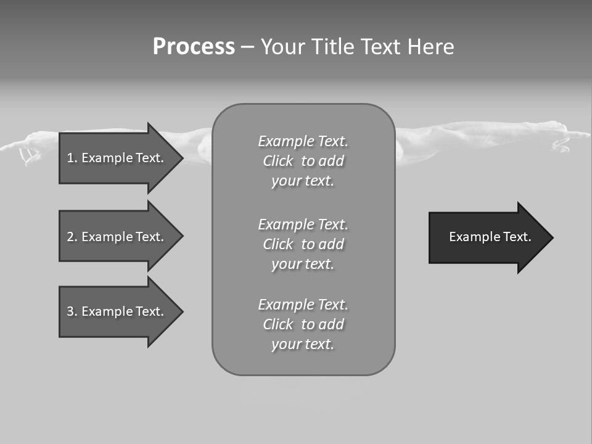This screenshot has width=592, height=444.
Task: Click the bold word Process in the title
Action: [194, 47]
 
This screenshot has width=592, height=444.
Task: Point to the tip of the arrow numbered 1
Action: [181, 158]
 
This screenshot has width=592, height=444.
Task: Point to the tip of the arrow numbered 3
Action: [181, 311]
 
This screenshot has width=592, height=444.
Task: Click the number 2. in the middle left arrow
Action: [72, 237]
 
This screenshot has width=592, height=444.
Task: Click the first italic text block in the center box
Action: [303, 161]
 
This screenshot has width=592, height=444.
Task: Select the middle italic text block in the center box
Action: [303, 244]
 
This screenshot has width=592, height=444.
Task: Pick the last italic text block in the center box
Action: [303, 324]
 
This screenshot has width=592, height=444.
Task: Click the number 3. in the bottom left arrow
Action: [72, 311]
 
